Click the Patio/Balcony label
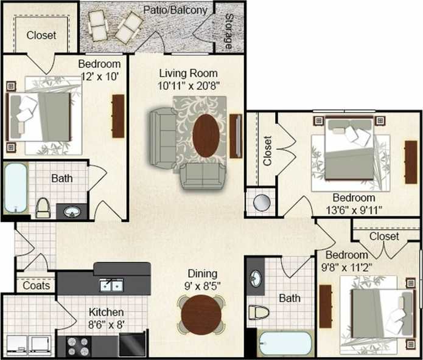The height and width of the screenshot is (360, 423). click(175, 10)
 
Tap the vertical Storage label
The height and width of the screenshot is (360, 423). click(228, 31)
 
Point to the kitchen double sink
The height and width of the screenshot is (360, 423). click(113, 285)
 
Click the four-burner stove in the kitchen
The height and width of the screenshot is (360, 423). click(78, 346)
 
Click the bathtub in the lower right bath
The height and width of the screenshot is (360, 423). click(284, 344)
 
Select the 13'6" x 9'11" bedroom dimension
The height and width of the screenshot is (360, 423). click(353, 210)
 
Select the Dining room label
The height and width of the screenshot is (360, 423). click(202, 274)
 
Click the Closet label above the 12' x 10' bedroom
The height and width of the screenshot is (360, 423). click(41, 35)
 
